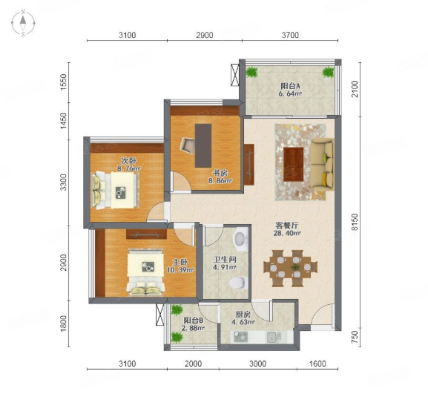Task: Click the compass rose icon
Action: coord(23,23)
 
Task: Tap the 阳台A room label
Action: coord(291,86)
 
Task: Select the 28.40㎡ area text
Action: coord(287,233)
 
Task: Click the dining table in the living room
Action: coord(291,268)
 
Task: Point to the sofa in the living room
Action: coord(323,165)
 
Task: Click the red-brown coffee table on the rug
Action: coord(294,164)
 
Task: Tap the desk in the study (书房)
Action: coord(203,145)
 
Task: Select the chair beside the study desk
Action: coord(187,145)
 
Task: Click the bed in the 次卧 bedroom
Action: coord(115,190)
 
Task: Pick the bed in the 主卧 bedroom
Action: coord(146,272)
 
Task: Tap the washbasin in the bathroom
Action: coord(240,238)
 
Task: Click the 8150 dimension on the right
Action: coord(355,222)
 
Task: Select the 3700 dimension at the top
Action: coord(290,35)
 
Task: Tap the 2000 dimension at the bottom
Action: coord(194,364)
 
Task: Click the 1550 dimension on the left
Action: coord(63,82)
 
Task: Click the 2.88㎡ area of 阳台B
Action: coord(194,328)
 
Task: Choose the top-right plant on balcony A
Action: coord(328,72)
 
